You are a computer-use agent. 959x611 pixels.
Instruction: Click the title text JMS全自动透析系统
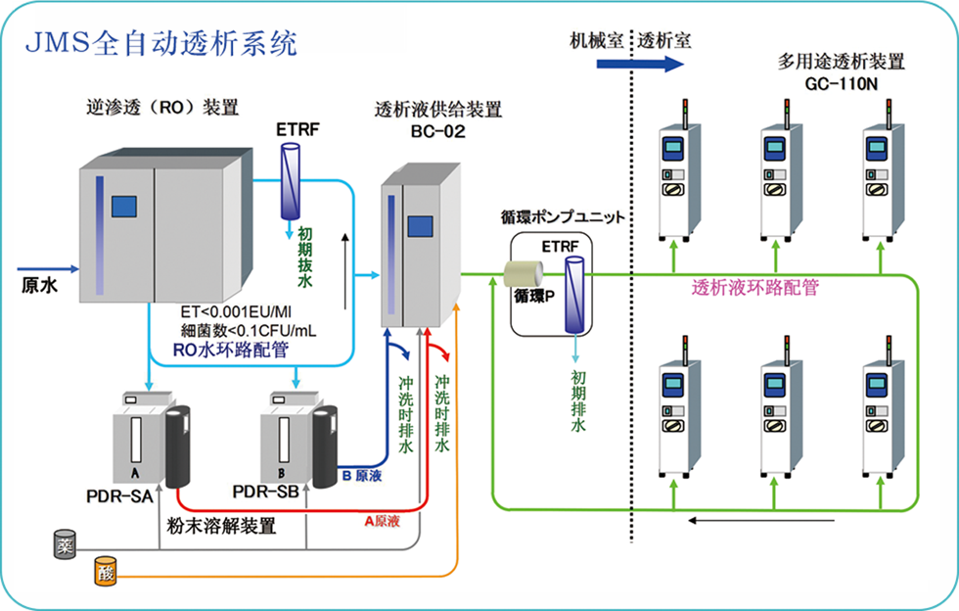click(x=158, y=42)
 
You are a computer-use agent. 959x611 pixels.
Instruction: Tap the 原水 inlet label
click(x=40, y=285)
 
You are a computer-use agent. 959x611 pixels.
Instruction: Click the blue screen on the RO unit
click(x=123, y=206)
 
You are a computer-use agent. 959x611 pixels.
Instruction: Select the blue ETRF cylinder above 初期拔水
click(x=291, y=181)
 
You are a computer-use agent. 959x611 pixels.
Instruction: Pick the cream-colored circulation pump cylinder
click(x=524, y=275)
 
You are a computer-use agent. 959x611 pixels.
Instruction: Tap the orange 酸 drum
click(x=105, y=570)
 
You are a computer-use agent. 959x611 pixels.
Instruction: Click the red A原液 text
click(x=384, y=521)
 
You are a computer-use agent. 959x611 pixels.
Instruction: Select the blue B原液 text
click(x=362, y=479)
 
